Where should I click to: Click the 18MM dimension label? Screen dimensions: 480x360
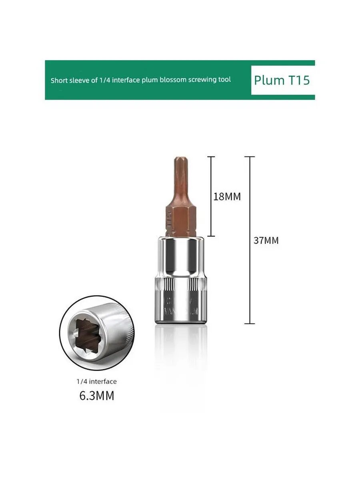tap(227, 197)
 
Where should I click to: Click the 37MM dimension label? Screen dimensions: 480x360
tap(266, 240)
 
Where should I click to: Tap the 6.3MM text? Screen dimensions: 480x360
tap(96, 396)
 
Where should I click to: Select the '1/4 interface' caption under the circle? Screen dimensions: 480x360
tap(97, 382)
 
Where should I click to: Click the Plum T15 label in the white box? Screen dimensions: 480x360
tap(282, 80)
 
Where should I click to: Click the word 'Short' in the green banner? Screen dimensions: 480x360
tap(58, 80)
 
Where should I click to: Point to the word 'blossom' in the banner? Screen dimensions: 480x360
tap(173, 80)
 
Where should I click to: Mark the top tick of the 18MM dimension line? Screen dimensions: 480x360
tap(212, 156)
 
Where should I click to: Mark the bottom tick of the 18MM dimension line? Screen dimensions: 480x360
tap(212, 236)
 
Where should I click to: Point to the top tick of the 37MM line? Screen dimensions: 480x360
tap(250, 156)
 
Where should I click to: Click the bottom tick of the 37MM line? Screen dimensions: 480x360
tap(250, 323)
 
